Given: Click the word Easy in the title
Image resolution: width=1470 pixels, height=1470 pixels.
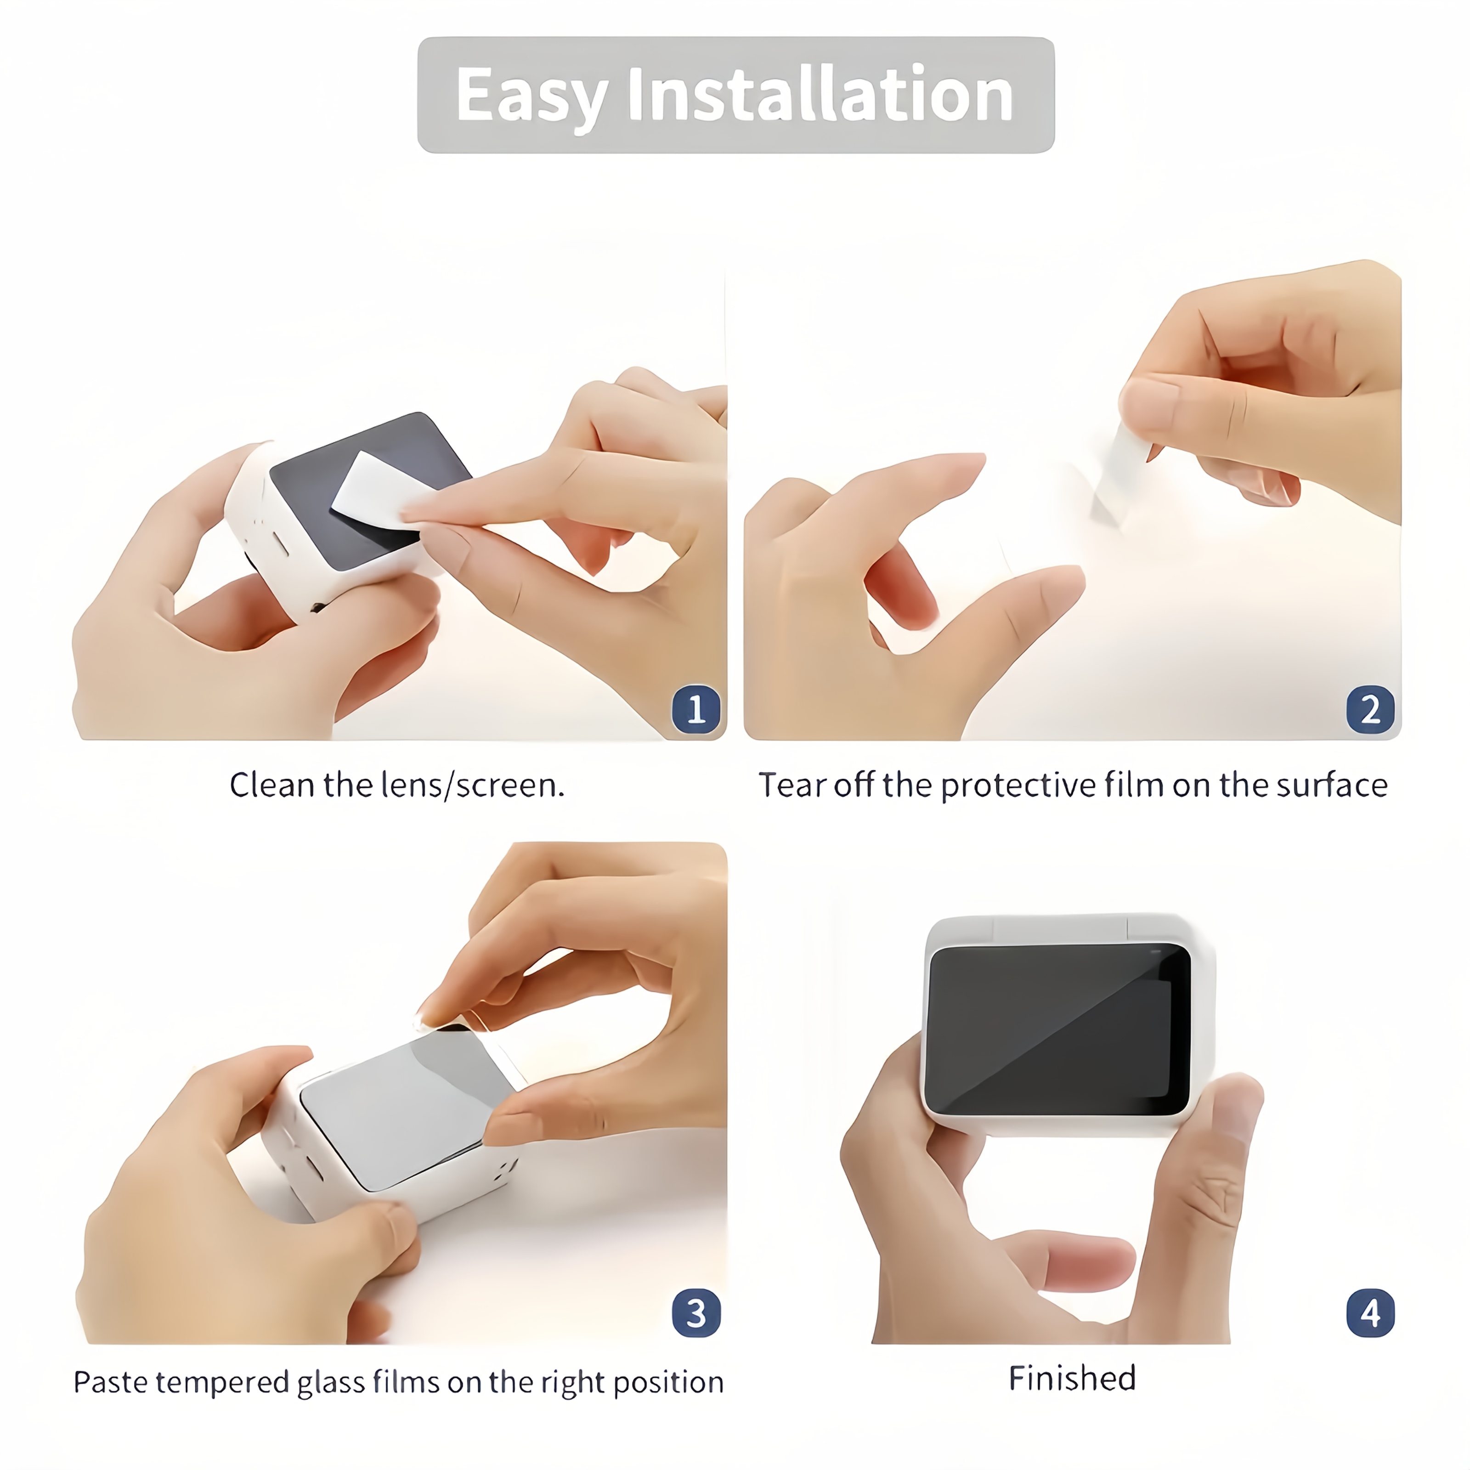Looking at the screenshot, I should (530, 96).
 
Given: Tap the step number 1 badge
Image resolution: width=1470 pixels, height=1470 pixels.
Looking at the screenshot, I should (695, 709).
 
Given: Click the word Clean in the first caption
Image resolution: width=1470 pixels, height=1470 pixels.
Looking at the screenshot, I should (271, 785).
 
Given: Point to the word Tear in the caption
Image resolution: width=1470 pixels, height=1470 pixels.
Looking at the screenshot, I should (792, 785).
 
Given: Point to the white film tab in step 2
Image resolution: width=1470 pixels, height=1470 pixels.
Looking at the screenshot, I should (1119, 472).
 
